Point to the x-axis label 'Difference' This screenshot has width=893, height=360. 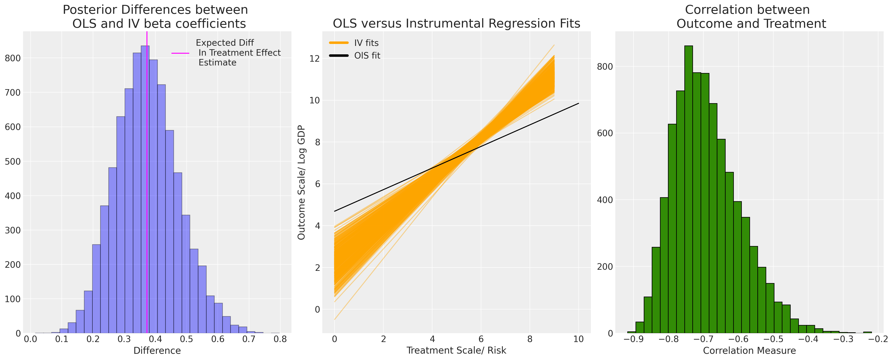click(157, 351)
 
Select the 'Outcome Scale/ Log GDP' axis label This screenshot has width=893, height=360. click(301, 182)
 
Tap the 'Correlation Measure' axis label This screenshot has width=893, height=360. click(749, 351)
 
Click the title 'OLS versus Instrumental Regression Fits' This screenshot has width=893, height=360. click(456, 24)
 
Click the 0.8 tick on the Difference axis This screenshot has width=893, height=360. click(280, 339)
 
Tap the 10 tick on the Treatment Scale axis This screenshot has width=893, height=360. click(579, 339)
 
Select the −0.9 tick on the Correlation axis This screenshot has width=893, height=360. click(633, 339)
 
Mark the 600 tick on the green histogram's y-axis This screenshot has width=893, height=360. click(605, 133)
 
